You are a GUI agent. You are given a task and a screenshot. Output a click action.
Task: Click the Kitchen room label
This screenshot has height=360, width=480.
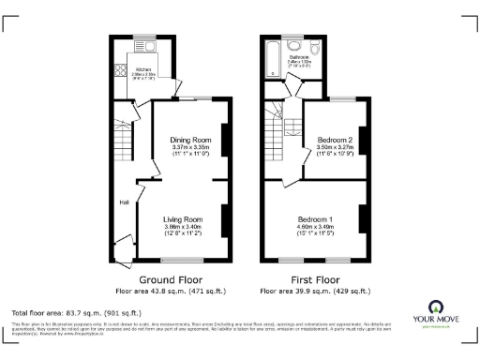click(143, 69)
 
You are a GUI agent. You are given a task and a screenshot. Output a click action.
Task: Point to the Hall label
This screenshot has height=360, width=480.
click(123, 202)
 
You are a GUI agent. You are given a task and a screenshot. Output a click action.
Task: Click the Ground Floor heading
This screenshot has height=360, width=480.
click(171, 279)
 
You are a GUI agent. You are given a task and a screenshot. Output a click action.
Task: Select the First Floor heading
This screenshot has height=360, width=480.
click(316, 279)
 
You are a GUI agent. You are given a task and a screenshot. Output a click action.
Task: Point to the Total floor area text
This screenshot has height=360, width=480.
click(76, 311)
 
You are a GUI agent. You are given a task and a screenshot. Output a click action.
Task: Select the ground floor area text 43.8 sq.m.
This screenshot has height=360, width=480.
click(171, 292)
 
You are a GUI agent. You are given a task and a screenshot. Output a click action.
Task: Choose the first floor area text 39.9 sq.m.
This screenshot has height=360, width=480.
click(316, 292)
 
